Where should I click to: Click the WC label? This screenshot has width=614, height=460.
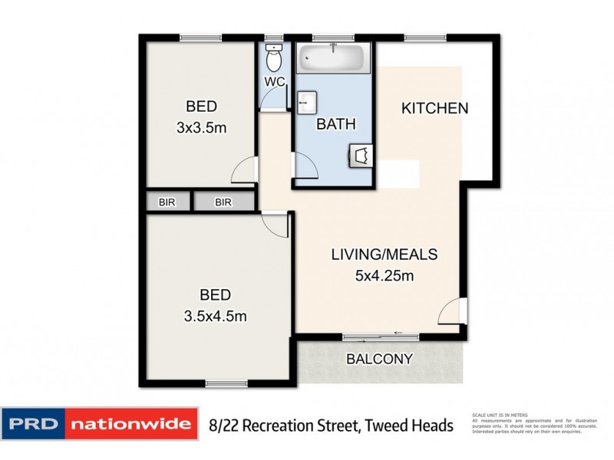(275, 82)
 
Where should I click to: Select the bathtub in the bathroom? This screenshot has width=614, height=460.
(334, 58)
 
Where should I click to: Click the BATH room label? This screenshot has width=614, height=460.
(336, 123)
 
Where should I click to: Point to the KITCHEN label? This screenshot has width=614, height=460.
(434, 108)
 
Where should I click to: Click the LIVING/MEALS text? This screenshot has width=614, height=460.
(385, 254)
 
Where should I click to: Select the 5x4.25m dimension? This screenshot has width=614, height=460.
(385, 275)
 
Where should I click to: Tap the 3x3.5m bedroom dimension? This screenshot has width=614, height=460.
(201, 128)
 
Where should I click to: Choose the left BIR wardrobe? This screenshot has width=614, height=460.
(166, 202)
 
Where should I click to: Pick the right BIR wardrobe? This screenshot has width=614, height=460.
(223, 202)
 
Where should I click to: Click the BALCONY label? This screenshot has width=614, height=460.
(380, 358)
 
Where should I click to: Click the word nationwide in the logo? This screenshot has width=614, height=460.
(132, 424)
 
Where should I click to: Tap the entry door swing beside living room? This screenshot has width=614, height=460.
(454, 310)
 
